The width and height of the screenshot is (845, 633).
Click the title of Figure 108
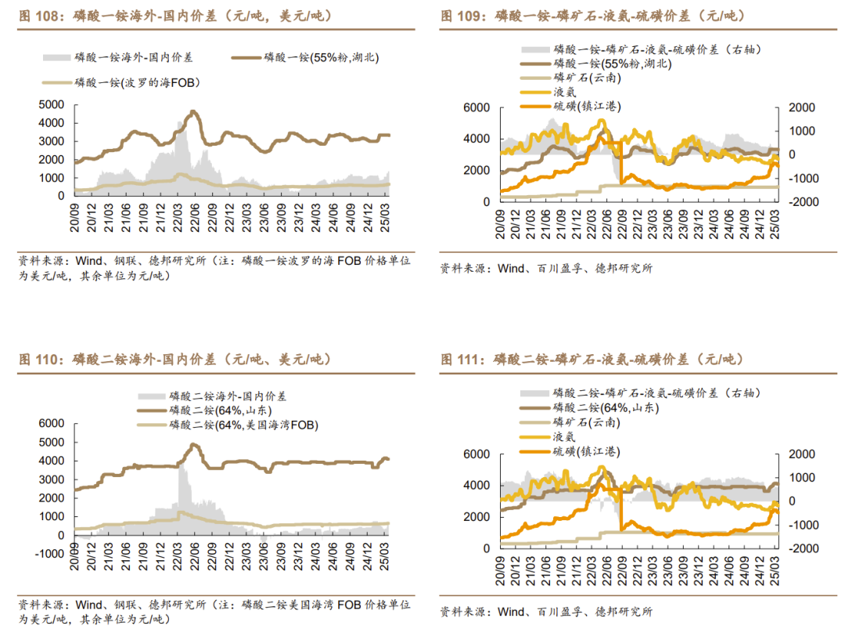point(164,15)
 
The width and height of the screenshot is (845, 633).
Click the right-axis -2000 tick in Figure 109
point(801,201)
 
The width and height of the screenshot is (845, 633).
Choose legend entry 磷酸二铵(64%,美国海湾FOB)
point(243,425)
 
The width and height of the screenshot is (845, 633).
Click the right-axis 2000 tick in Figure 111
point(800,454)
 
